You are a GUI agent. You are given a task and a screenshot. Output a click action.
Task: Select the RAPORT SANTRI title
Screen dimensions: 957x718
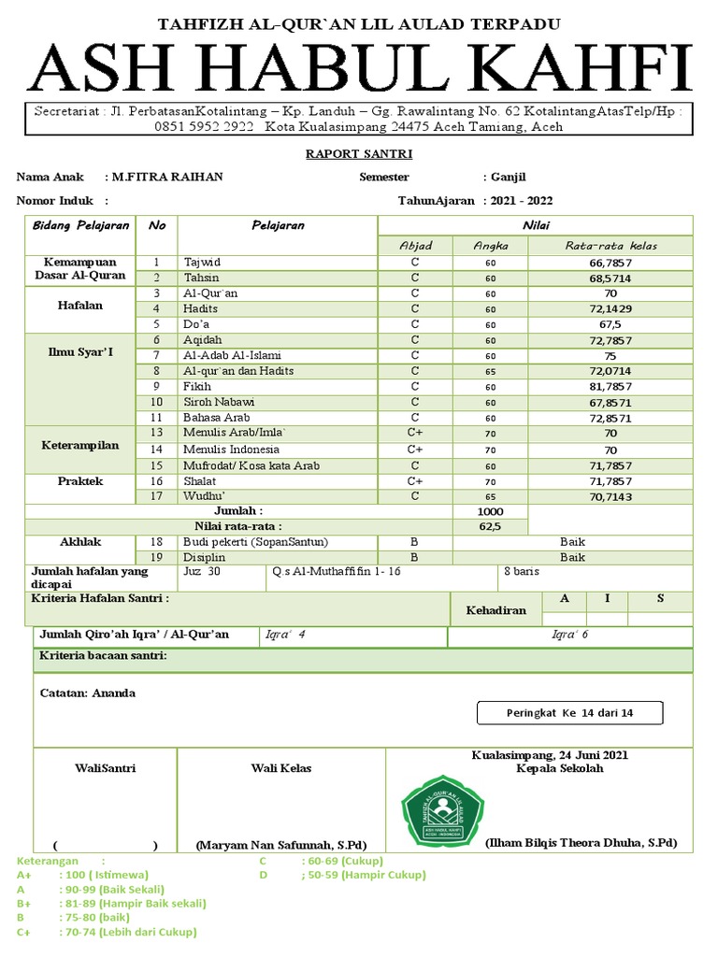click(x=359, y=154)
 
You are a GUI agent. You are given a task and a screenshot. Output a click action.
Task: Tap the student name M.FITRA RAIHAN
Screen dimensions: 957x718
click(x=166, y=177)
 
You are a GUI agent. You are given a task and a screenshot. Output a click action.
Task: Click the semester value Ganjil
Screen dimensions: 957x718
click(x=510, y=177)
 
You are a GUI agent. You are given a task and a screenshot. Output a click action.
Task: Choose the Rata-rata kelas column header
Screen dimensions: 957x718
click(x=610, y=246)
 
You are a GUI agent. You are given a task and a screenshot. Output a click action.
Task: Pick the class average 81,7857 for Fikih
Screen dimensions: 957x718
click(x=610, y=386)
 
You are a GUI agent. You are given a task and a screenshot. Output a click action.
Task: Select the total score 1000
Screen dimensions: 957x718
click(x=490, y=511)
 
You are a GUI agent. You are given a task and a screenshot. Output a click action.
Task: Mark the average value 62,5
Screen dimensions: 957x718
click(x=490, y=526)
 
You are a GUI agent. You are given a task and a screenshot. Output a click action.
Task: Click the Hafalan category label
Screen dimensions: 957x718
click(x=81, y=305)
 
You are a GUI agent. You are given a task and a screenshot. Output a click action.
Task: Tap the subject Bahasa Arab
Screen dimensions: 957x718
click(x=217, y=417)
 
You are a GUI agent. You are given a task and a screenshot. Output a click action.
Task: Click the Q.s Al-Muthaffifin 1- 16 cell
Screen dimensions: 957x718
click(x=336, y=571)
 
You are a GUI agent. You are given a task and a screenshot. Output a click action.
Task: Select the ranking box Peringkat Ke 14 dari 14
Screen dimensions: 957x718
click(x=570, y=713)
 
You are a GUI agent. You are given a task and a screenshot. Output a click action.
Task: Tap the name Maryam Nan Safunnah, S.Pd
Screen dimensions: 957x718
click(x=280, y=845)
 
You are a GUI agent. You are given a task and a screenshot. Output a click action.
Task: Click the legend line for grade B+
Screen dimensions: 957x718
click(x=112, y=904)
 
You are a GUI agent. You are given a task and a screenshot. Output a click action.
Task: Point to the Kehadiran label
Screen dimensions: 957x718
click(x=495, y=610)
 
